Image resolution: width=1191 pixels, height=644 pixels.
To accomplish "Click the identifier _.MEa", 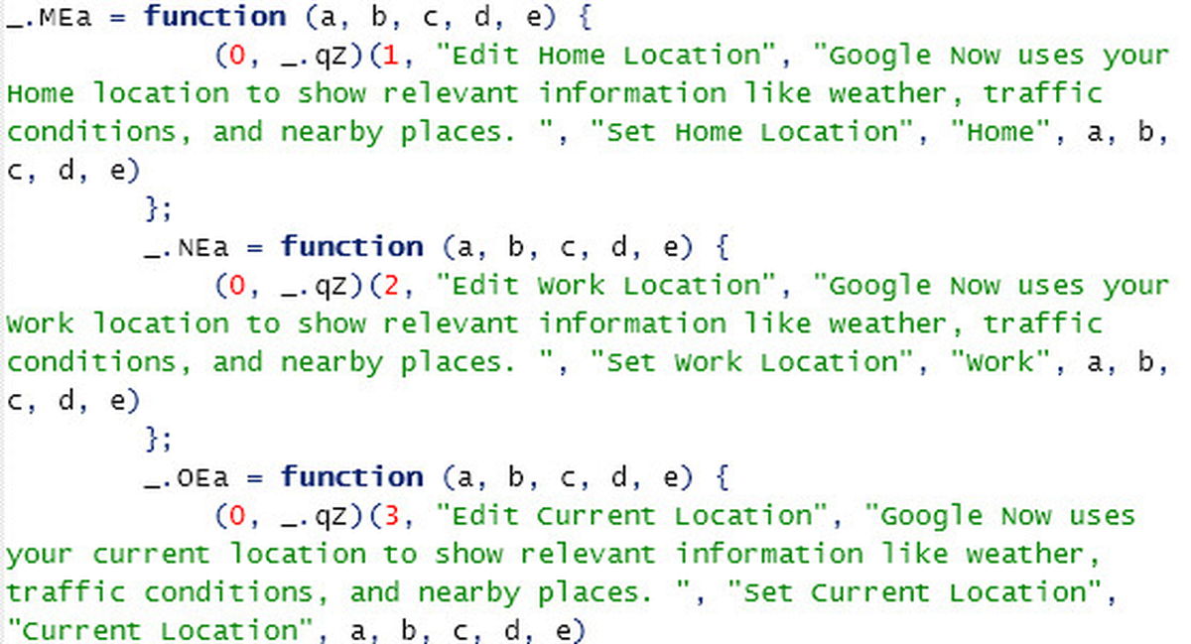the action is click(x=49, y=19).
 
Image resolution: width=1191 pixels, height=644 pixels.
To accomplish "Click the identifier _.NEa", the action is click(x=187, y=248).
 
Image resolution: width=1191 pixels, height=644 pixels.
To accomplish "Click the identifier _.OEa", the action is click(x=187, y=478).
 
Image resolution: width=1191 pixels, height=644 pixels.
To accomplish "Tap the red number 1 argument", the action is click(x=391, y=56).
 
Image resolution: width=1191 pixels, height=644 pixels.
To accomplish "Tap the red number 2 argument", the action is click(x=391, y=286).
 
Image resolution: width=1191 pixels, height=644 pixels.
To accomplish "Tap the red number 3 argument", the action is click(x=392, y=516).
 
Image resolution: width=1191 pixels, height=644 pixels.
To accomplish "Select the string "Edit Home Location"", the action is click(x=605, y=56).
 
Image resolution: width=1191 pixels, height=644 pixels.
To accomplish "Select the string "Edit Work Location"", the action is click(x=605, y=286).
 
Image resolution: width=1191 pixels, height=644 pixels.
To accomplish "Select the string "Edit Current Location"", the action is click(x=631, y=516).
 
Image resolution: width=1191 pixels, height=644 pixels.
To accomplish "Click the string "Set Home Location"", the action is click(x=752, y=132).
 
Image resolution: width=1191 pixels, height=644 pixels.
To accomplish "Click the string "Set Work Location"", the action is click(x=752, y=362).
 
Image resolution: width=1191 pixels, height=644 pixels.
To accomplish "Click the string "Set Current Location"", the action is click(x=914, y=592).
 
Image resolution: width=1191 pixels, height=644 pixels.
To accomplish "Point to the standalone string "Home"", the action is click(x=1000, y=132).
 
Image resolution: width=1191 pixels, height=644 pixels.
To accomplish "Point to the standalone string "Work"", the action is click(x=1000, y=362).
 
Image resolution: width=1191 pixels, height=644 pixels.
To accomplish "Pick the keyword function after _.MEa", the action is click(x=215, y=16).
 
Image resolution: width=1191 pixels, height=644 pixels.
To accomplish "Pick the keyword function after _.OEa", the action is click(x=352, y=476).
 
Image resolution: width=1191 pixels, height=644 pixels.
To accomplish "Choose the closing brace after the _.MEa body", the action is click(x=152, y=208).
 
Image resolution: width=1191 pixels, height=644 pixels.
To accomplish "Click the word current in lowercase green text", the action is click(x=151, y=555).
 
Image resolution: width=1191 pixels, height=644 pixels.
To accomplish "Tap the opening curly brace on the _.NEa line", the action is click(x=723, y=247).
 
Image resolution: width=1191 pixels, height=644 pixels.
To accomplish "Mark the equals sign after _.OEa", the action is click(x=255, y=478).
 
